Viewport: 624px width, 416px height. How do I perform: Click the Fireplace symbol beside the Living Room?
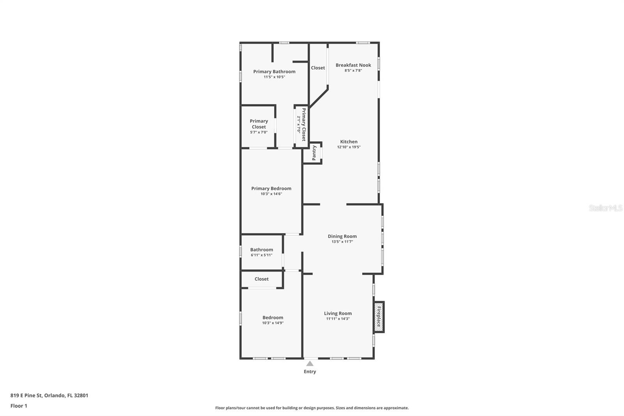click(378, 316)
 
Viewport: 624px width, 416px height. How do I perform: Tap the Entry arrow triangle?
click(310, 364)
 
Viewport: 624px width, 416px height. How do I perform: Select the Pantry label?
click(314, 153)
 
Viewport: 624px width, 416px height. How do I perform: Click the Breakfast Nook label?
click(353, 65)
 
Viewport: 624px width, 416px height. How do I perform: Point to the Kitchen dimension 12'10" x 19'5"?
click(349, 147)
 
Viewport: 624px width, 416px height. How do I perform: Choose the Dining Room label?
click(342, 236)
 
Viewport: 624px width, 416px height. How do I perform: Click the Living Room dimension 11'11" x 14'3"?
click(338, 319)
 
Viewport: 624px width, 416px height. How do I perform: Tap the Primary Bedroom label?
click(271, 188)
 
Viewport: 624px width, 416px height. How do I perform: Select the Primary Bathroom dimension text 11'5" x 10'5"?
click(274, 77)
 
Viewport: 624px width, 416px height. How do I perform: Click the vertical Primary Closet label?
click(304, 124)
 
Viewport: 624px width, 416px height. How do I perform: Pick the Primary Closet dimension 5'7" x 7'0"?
click(259, 132)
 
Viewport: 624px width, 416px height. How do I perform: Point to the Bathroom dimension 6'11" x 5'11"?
click(261, 255)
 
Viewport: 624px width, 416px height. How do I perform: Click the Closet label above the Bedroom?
click(261, 279)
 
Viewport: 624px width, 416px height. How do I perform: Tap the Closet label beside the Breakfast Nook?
click(318, 68)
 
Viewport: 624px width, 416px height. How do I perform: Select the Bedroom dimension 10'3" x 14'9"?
click(273, 323)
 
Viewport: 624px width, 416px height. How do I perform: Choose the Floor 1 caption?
click(19, 406)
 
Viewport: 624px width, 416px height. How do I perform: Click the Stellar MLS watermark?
click(605, 208)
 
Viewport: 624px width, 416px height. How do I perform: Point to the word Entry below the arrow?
click(310, 372)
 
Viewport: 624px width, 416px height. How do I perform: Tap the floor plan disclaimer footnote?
click(312, 408)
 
